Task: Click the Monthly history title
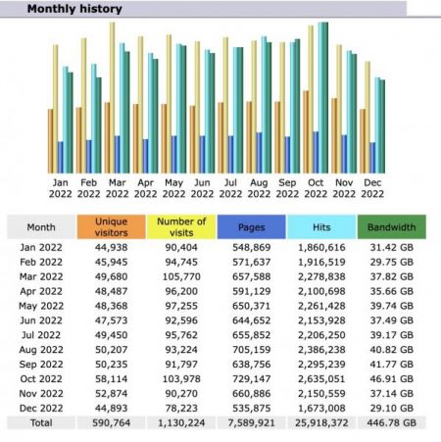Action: click(74, 9)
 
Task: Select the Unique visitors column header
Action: click(112, 226)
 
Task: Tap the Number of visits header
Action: click(181, 226)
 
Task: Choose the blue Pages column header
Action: click(251, 226)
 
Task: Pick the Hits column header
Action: click(321, 226)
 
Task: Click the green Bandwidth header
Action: click(392, 226)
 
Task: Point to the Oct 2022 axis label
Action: click(316, 188)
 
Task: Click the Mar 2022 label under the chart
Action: click(117, 188)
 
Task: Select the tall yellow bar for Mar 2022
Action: click(112, 97)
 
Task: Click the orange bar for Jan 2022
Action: click(50, 141)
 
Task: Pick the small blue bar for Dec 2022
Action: click(372, 158)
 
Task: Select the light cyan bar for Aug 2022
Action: click(264, 105)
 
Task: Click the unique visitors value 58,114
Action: click(112, 379)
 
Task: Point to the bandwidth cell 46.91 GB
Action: click(392, 379)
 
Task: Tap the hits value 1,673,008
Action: click(321, 408)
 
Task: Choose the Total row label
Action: click(41, 422)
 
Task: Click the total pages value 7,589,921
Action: click(251, 422)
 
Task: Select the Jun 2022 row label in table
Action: click(41, 320)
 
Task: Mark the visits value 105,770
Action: click(181, 276)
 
